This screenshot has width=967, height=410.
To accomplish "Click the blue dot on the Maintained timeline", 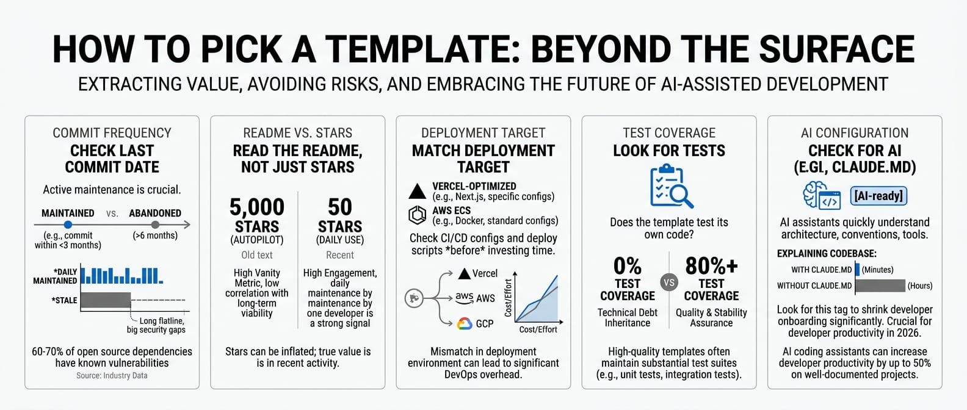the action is point(68,225).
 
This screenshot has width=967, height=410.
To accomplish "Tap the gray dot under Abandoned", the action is point(156,225).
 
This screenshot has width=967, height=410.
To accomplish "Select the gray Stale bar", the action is point(106,300).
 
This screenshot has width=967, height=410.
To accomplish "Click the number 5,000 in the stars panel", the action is point(257,207).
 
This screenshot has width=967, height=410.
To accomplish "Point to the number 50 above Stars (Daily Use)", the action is point(340,207).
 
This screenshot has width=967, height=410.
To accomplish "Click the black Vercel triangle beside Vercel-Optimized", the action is point(418,191).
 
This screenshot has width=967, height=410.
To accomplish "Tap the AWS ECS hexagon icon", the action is point(418,215).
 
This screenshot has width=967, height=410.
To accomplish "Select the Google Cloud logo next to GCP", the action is point(465,324).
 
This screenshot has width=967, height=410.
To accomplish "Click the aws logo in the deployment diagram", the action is point(465,298).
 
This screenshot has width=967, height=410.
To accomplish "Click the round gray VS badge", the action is point(669,282).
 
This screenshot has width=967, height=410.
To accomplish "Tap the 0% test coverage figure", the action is point(627,266).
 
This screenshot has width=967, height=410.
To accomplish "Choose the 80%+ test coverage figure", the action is point(711,266).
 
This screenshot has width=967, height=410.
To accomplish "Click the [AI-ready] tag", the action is point(878,196).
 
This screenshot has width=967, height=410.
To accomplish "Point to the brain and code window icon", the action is point(822,195).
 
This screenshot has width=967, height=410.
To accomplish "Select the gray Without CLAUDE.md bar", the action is point(880,286).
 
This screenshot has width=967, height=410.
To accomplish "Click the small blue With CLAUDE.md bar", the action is point(857,269).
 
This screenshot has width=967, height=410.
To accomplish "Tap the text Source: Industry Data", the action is point(112,375).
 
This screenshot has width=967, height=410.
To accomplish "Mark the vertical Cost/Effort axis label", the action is point(508,298).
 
